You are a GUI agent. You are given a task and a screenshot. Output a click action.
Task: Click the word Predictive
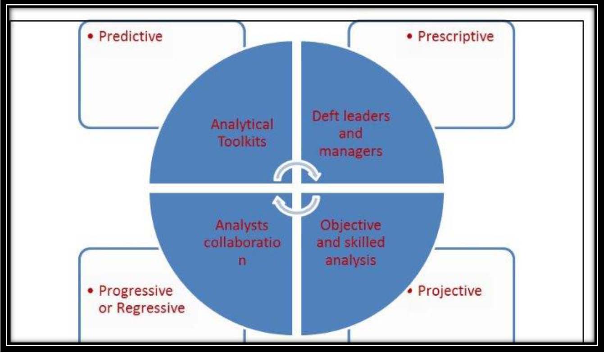point(131,36)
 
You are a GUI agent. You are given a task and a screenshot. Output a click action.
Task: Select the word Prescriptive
point(456,36)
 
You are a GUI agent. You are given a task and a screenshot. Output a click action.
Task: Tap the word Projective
point(450,291)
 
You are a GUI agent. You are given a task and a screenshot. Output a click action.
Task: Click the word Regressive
point(150,308)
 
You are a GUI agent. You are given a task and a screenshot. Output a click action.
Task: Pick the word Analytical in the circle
point(242,125)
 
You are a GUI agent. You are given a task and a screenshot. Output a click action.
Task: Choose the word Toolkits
point(242,141)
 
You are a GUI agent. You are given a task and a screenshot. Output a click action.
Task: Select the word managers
point(351,152)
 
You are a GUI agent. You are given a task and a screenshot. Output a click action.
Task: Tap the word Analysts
point(242,225)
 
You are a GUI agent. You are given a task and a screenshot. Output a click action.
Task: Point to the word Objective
point(351,225)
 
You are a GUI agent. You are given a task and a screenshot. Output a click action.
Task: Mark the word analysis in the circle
point(351,261)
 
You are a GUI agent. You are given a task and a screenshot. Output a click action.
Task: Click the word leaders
point(367,116)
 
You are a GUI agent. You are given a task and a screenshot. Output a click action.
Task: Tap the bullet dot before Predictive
point(91,36)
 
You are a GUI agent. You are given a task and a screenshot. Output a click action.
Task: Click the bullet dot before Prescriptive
point(410,36)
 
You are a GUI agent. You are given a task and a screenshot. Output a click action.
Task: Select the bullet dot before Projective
point(410,291)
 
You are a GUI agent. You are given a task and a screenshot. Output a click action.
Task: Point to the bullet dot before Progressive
point(91,291)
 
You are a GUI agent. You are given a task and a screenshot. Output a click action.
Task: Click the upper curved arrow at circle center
point(297,164)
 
